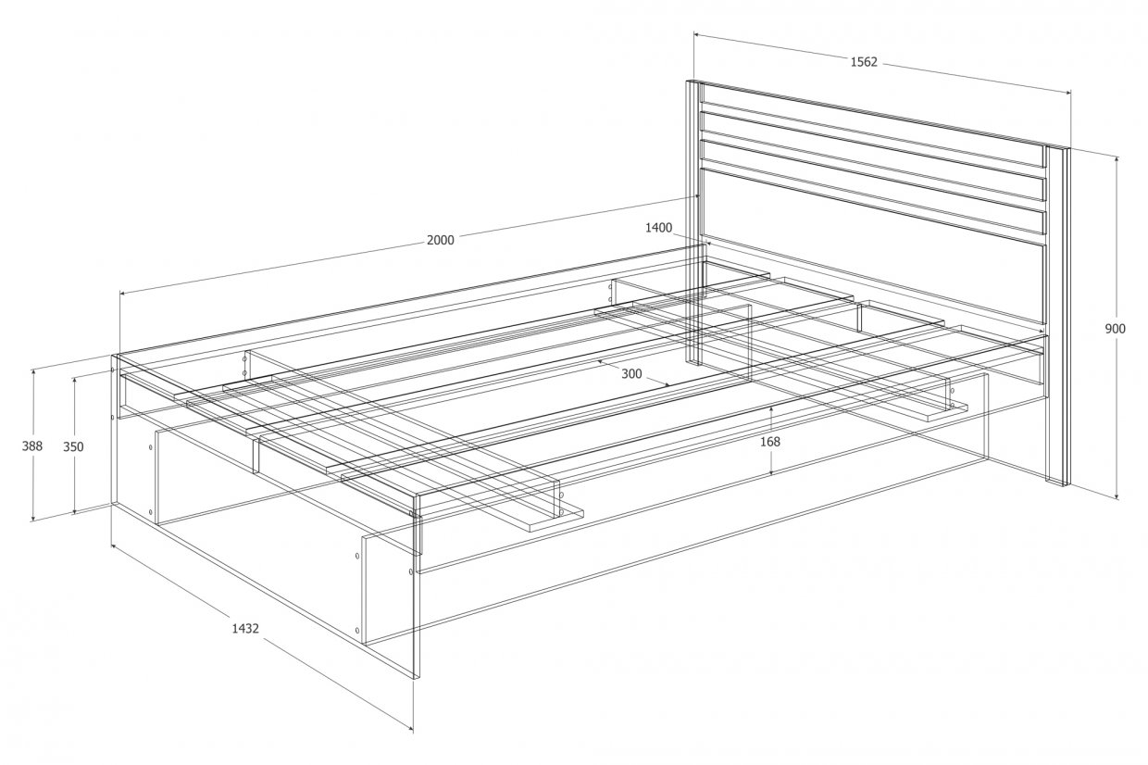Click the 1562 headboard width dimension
pyautogui.click(x=864, y=62)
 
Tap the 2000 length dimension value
pyautogui.click(x=441, y=240)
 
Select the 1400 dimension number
pyautogui.click(x=658, y=228)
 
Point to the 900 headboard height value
pyautogui.click(x=1116, y=329)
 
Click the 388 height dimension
pyautogui.click(x=31, y=446)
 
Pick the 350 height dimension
pyautogui.click(x=73, y=446)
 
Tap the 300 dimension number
pyautogui.click(x=631, y=374)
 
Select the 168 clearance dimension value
pyautogui.click(x=770, y=442)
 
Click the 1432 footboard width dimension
pyautogui.click(x=245, y=628)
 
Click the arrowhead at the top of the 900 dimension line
pyautogui.click(x=1117, y=159)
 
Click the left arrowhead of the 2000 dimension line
pyautogui.click(x=122, y=294)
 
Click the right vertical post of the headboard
pyautogui.click(x=1056, y=315)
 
